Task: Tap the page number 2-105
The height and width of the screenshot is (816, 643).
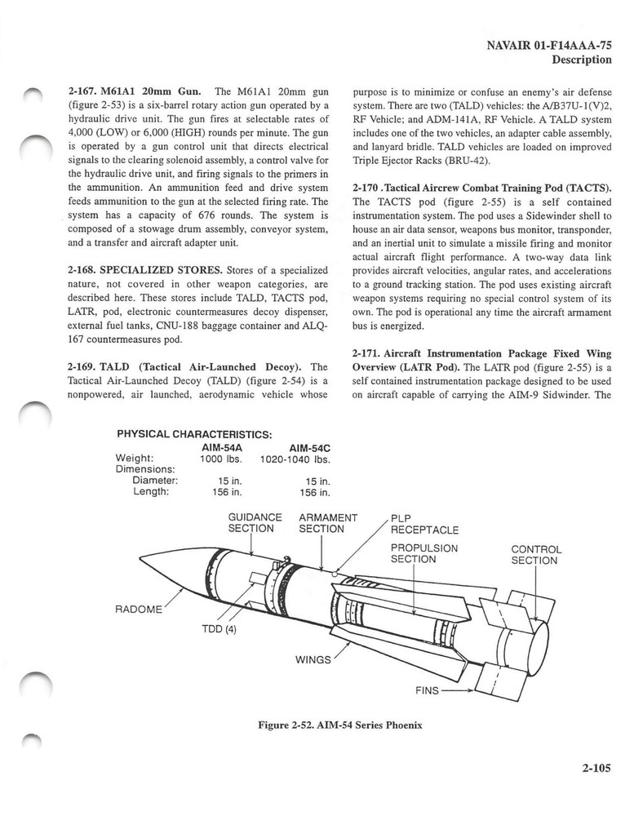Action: point(589,767)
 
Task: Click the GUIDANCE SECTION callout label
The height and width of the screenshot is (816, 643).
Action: point(255,523)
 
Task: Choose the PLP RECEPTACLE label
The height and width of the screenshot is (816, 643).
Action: point(424,524)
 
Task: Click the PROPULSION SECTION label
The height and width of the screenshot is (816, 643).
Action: point(423,553)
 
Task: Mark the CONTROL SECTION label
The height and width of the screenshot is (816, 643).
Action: point(535,555)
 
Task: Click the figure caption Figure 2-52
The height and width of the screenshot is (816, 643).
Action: point(329,726)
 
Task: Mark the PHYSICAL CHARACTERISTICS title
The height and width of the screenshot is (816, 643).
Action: point(194,433)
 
